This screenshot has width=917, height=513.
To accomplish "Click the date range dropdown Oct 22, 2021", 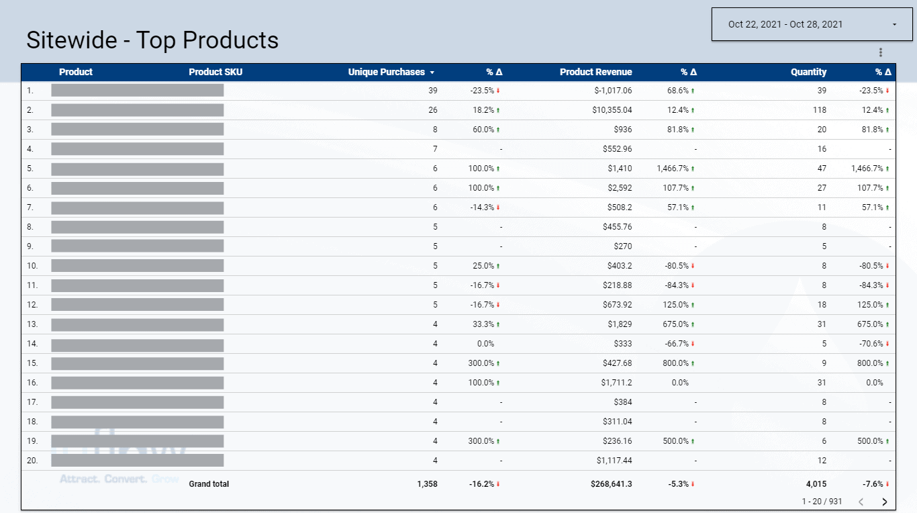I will (x=812, y=24).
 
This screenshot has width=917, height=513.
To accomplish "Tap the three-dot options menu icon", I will (x=881, y=52).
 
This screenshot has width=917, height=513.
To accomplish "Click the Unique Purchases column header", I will (x=387, y=72).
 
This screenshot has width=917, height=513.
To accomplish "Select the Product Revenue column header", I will (x=595, y=72).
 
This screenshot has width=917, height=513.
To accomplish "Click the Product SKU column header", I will (x=215, y=72).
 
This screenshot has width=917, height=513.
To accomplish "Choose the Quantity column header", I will (x=808, y=72).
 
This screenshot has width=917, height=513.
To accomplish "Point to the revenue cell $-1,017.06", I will (x=609, y=91).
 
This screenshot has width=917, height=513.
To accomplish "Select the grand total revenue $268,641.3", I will (x=611, y=484).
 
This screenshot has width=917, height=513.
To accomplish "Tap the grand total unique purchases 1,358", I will (x=427, y=484).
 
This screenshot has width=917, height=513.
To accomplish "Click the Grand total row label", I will (x=209, y=484).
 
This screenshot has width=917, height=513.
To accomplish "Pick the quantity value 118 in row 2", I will (x=820, y=110).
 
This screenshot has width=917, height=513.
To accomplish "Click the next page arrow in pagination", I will (x=884, y=502).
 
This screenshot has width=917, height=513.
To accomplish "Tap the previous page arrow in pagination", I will (x=861, y=502).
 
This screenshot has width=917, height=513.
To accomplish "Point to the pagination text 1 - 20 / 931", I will (x=822, y=502).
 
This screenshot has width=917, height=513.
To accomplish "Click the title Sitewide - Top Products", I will (x=152, y=40).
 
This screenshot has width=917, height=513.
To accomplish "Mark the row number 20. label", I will (x=32, y=461).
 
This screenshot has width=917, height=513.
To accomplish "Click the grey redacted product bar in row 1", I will (x=137, y=91).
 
